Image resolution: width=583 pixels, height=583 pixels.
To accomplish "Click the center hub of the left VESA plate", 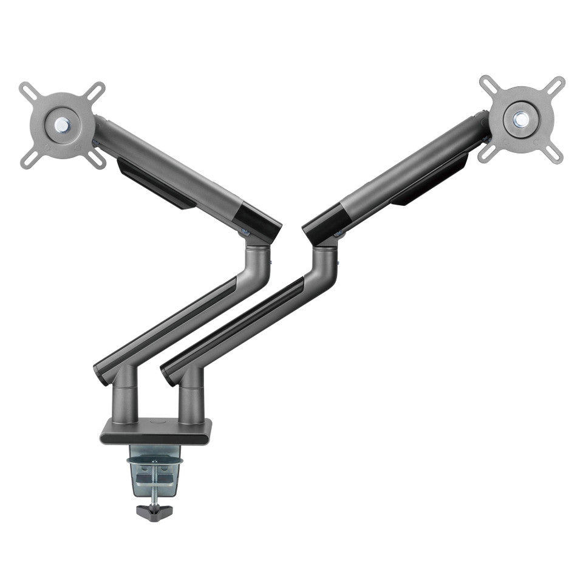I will point(61,125).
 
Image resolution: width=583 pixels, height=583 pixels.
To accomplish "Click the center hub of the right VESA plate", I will point(520,119).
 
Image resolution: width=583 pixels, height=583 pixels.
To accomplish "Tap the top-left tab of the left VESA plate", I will point(27,91).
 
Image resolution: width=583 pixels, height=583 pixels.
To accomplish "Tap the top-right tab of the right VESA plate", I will point(556,86).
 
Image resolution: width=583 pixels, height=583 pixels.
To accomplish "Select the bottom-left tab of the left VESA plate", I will point(28,160).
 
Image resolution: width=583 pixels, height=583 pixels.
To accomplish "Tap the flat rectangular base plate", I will point(156,432).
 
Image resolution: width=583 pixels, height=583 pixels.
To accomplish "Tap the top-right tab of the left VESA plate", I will point(95,91).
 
